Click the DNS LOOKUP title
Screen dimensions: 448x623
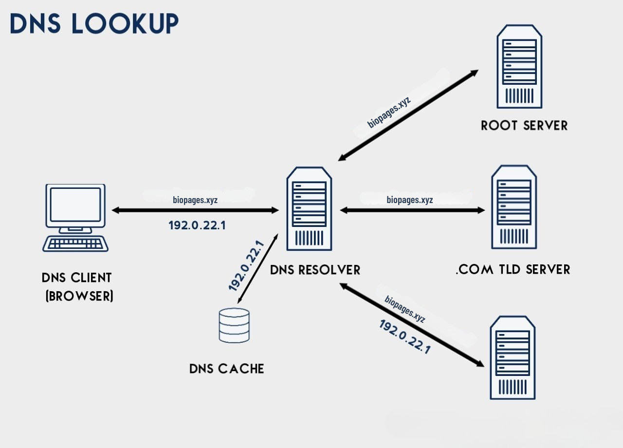94,23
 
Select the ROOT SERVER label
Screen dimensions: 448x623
524,125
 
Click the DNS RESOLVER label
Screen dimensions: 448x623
315,269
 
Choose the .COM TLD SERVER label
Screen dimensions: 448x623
513,269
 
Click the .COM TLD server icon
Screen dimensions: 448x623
514,207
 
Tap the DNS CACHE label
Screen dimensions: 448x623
226,369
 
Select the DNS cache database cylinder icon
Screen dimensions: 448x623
234,325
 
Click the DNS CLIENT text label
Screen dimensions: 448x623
77,278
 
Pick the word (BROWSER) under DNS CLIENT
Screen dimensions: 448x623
79,296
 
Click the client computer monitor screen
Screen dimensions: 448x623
75,205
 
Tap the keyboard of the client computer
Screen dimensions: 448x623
75,243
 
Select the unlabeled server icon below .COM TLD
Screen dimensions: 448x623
513,357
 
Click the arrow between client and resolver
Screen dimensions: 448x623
195,210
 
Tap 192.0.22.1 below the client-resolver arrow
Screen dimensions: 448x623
197,225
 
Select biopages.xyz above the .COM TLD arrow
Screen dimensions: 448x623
409,200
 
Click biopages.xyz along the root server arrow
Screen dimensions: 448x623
389,112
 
